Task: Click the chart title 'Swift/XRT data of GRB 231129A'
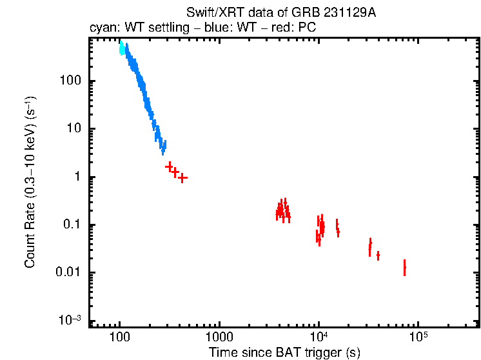280,13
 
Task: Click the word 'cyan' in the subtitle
101,29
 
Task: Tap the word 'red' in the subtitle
275,29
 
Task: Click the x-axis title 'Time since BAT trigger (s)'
284,353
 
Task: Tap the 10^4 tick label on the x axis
319,338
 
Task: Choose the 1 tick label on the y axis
76,177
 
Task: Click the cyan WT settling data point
122,49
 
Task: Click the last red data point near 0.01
404,266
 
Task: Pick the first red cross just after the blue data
170,166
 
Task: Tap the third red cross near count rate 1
182,177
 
